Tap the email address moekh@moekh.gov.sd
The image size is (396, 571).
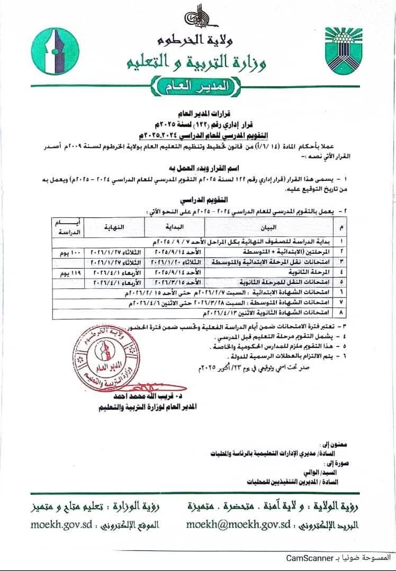(x=238, y=525)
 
